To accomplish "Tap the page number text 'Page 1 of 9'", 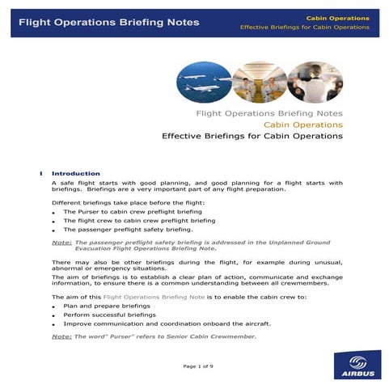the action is [x=198, y=366].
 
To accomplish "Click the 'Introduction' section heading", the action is [x=76, y=173].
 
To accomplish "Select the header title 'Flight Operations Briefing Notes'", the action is [x=108, y=23].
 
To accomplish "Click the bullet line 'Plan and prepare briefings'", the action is [x=107, y=307].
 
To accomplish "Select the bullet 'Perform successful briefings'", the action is [x=109, y=315].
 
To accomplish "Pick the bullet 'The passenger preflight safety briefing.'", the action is [x=128, y=229].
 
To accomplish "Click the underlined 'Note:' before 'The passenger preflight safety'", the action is [x=61, y=242].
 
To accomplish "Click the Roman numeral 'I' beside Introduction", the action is [x=40, y=173].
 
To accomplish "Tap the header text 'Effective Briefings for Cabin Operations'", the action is [x=305, y=27].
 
